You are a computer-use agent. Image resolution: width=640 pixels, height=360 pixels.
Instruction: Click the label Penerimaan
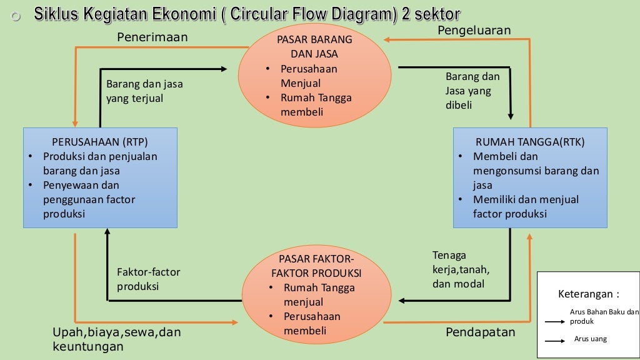[152, 38]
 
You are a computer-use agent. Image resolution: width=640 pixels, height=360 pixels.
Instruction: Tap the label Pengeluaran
[474, 31]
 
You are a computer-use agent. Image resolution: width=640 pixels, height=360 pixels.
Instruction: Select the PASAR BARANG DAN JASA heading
[314, 47]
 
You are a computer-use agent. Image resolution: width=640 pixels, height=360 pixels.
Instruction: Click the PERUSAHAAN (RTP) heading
[100, 142]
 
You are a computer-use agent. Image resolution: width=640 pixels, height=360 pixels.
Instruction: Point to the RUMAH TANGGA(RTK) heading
[530, 142]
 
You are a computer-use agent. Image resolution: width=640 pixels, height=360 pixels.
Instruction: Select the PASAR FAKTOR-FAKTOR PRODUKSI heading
[316, 266]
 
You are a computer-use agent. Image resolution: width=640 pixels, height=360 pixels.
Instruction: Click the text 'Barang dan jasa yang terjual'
[144, 91]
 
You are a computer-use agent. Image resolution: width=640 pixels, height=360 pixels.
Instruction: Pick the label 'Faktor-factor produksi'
[148, 279]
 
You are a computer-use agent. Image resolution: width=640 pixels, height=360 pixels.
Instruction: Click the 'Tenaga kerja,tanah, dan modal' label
[461, 269]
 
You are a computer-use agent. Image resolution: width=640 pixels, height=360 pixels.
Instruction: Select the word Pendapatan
[480, 332]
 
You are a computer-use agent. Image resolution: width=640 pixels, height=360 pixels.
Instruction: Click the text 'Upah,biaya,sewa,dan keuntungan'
[116, 339]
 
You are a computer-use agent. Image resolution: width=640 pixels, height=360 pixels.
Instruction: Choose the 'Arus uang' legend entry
[590, 339]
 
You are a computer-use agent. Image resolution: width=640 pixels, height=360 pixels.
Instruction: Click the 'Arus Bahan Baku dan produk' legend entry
[603, 316]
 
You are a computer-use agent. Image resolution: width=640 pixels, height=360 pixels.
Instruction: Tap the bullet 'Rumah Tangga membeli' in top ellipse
[316, 105]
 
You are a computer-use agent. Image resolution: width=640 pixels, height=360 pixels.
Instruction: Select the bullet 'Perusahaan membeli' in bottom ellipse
[312, 323]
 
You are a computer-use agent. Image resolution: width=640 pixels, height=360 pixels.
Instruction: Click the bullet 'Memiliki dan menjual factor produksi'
[526, 207]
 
